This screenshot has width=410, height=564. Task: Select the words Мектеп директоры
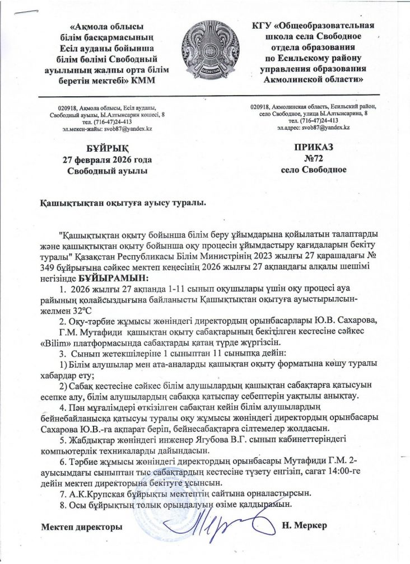tap(82, 527)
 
